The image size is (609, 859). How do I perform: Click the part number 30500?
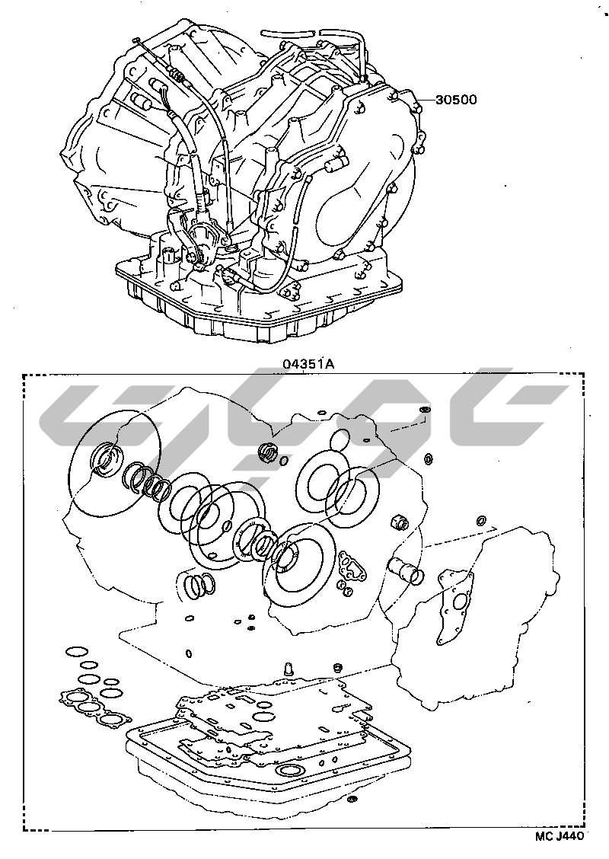coord(456,100)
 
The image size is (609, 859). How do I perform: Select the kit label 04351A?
coord(308,363)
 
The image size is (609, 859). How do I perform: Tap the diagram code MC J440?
coord(560,836)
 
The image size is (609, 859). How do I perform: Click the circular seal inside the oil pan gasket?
coord(289,772)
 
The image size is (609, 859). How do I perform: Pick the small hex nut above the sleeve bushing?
coord(399,522)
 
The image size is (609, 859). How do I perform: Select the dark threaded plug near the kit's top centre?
coord(266,452)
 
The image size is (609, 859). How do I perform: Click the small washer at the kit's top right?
coord(424,410)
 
